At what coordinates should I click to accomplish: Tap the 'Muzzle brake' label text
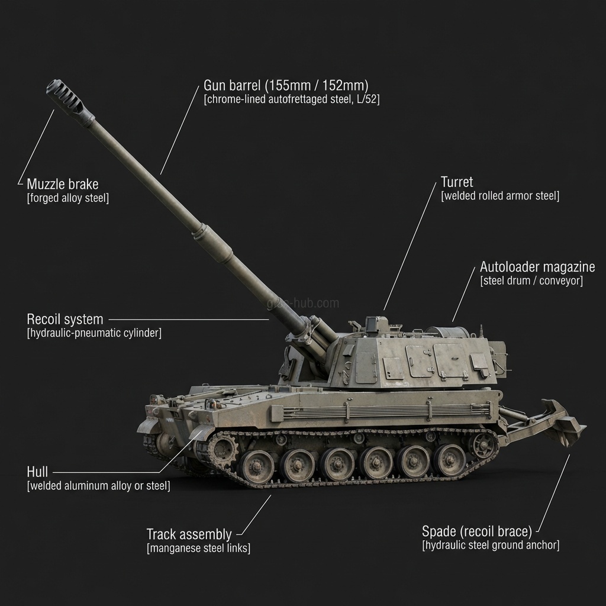[x=63, y=184]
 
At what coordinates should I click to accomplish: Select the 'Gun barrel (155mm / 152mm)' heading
[x=286, y=85]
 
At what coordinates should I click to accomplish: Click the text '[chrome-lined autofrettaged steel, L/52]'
[x=292, y=99]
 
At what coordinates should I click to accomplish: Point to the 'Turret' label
[x=457, y=182]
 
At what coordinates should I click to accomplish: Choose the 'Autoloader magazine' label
[x=537, y=267]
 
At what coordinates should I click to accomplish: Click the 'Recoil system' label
[x=65, y=319]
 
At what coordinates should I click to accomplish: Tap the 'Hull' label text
[x=37, y=472]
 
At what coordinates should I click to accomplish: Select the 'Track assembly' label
[x=189, y=534]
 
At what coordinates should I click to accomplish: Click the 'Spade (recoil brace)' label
[x=477, y=531]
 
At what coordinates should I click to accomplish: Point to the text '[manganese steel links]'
[x=199, y=548]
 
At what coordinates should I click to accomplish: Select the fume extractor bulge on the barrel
[x=213, y=243]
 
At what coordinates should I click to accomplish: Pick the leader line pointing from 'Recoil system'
[x=189, y=320]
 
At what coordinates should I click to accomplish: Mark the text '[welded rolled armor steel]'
[x=500, y=195]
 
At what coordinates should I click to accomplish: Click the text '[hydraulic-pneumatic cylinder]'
[x=94, y=333]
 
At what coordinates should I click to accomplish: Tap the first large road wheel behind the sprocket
[x=255, y=466]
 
